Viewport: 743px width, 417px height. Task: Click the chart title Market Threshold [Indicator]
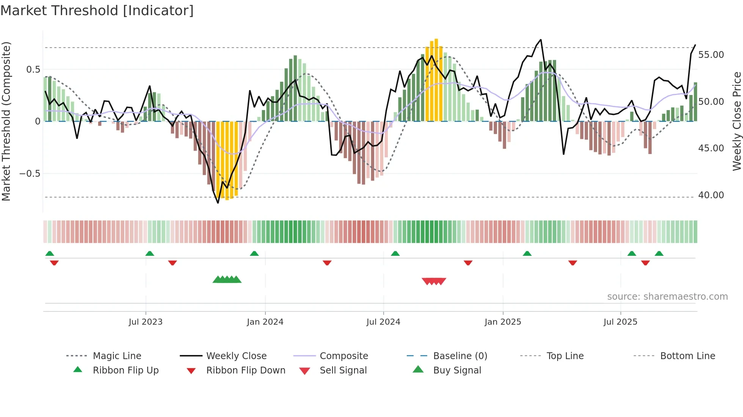coord(97,11)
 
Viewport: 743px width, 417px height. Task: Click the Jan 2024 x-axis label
coord(265,322)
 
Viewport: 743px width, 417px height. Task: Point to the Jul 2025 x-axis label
coord(620,322)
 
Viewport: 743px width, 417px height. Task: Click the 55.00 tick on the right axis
coord(711,55)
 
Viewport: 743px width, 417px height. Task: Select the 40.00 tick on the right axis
coord(711,195)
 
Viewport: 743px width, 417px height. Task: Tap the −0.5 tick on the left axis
coord(30,174)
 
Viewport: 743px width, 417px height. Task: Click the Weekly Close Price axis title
coord(737,121)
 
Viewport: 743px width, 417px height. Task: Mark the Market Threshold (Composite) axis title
coord(6,121)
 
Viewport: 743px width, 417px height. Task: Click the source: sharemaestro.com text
coord(667,297)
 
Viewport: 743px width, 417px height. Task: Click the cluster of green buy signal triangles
coord(227,280)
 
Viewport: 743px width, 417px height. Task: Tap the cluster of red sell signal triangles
coord(434,281)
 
